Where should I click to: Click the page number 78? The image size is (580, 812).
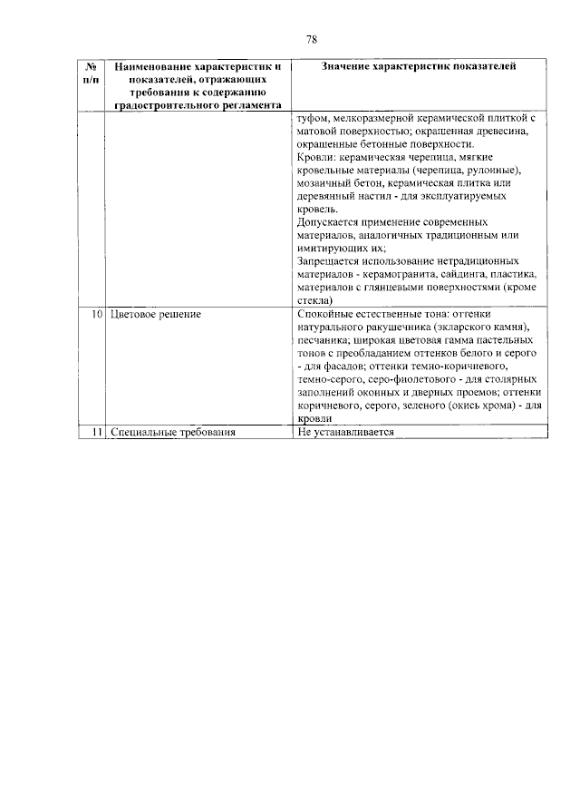click(x=311, y=39)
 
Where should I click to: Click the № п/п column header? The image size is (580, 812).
click(x=90, y=73)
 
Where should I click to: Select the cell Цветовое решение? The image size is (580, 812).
click(x=154, y=314)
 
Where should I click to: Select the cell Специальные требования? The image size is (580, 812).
click(x=172, y=433)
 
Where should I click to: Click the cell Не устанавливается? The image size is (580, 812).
click(x=345, y=433)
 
